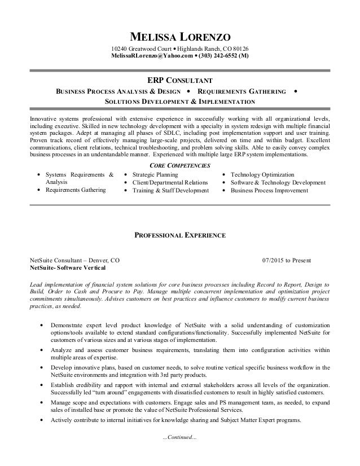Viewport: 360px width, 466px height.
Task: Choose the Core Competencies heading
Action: click(179, 165)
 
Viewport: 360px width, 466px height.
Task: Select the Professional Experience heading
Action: click(179, 234)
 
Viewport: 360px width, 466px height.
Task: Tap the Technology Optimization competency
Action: click(262, 175)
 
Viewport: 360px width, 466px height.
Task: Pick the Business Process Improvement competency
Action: click(269, 191)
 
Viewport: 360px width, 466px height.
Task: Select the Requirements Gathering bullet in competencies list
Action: click(76, 191)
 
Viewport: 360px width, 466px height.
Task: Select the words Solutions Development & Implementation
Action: click(179, 101)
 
